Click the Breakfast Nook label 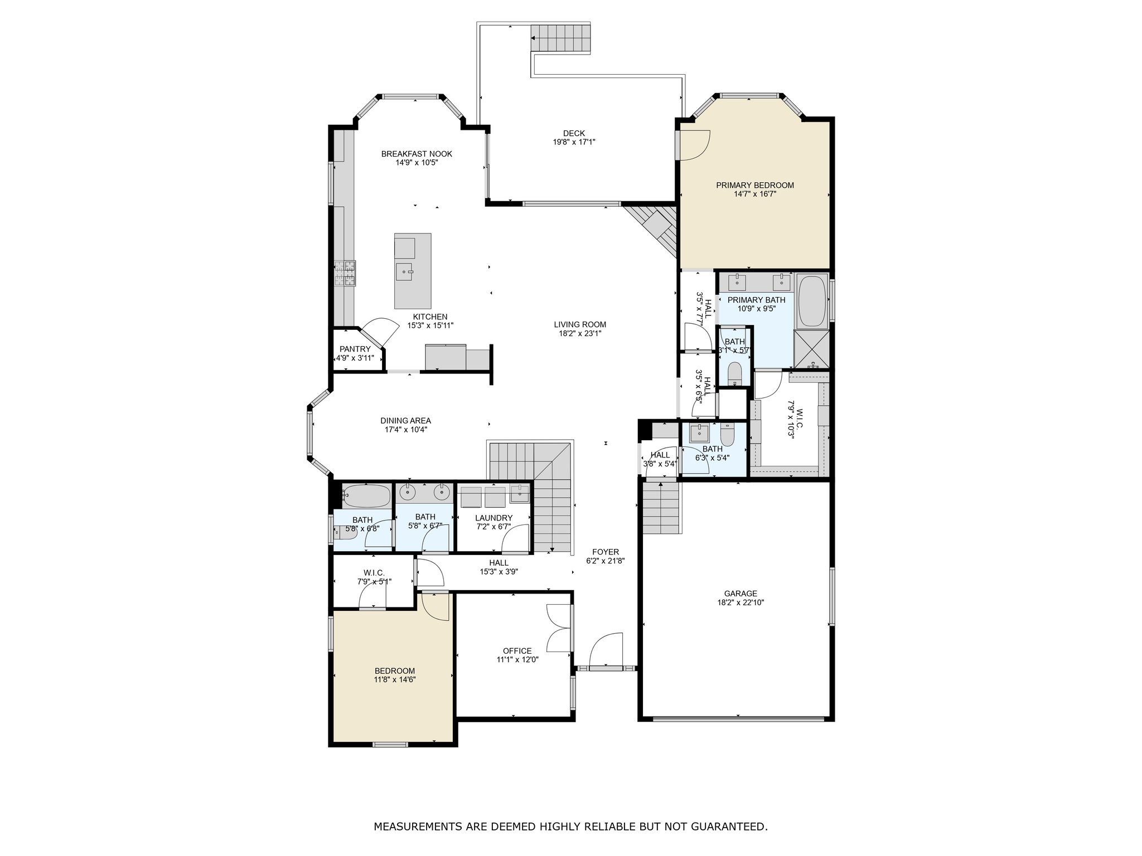(x=417, y=154)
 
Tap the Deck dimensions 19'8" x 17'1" (x=574, y=142)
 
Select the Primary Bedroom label (x=755, y=185)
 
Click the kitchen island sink (x=404, y=272)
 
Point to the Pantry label (x=355, y=349)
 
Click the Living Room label (x=580, y=324)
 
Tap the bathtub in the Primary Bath (x=812, y=301)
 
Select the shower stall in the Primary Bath (x=812, y=350)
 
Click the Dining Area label (x=406, y=421)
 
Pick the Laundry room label (x=494, y=518)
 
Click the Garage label (x=741, y=594)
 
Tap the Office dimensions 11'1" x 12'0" (x=517, y=660)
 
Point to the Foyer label (x=606, y=552)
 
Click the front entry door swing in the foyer (x=606, y=649)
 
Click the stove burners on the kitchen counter (x=346, y=273)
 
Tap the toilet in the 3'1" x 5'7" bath (x=734, y=372)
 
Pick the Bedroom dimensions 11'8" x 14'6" (x=395, y=680)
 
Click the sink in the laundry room (x=520, y=494)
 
